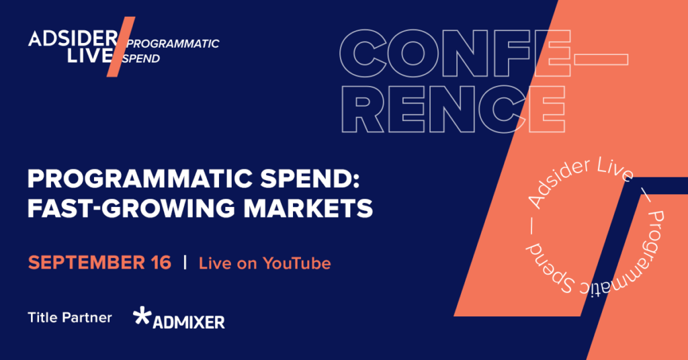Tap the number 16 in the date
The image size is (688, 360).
pos(159,262)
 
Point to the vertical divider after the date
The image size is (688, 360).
pos(185,262)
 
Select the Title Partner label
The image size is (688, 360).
pos(70,317)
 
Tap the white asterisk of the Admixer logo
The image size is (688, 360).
pos(142,316)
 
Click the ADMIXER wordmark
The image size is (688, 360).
pos(189,322)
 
